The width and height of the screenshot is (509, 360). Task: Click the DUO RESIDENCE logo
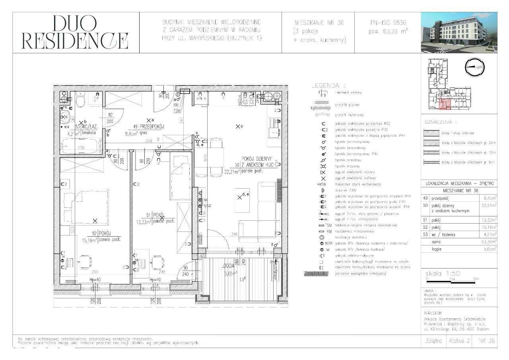coord(75,32)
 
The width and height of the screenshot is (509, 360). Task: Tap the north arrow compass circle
coord(474,68)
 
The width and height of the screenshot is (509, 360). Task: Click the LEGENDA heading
coord(328,85)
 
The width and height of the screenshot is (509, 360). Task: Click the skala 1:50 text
coord(442,274)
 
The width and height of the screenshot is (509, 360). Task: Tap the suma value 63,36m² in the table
coord(484,241)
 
